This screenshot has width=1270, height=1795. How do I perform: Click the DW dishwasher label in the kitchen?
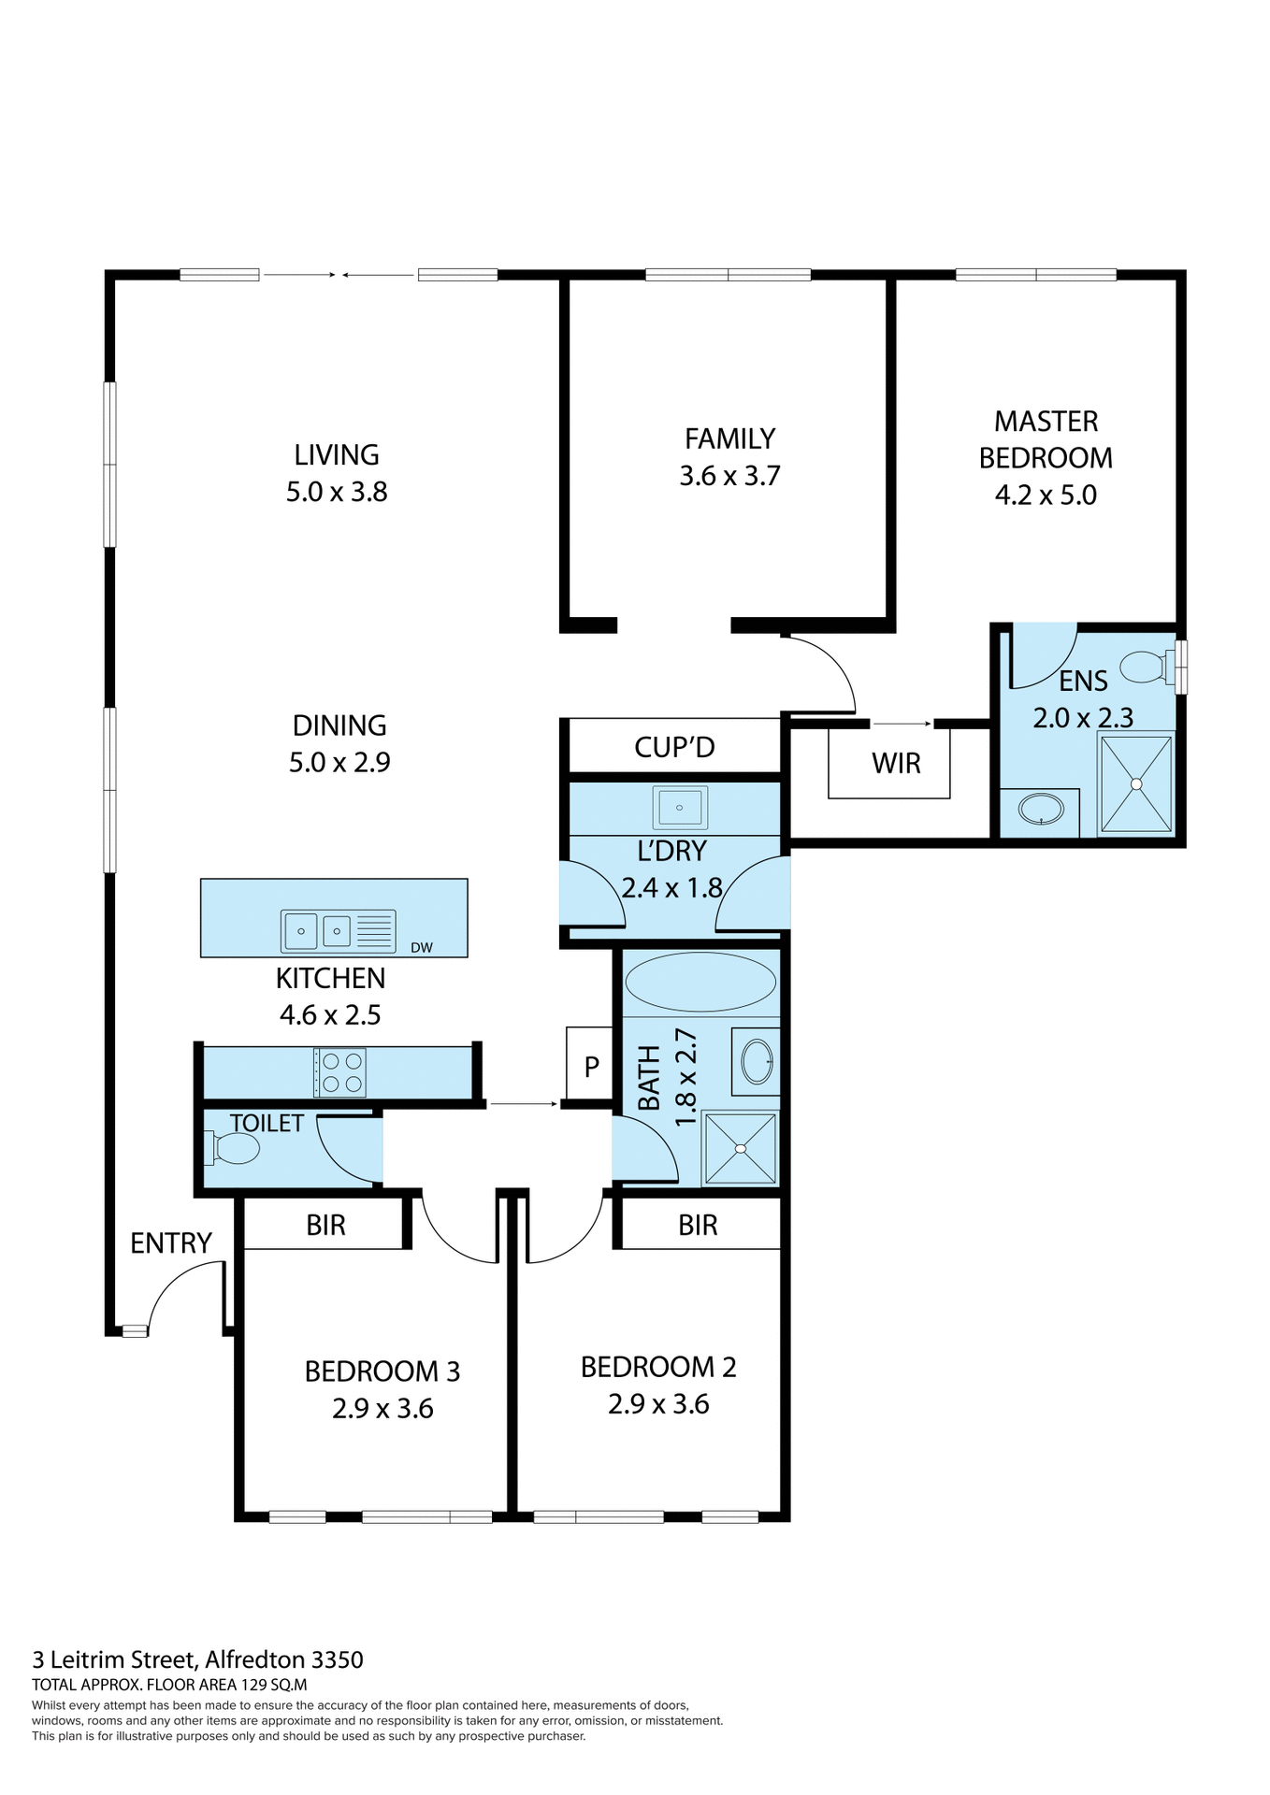421,947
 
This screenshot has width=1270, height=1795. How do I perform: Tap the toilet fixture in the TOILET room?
234,1148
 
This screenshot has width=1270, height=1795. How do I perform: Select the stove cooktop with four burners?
340,1072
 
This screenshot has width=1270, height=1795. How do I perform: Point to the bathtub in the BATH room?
700,982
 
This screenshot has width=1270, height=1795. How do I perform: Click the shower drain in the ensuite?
1136,784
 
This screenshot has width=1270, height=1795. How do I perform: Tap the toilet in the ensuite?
1147,667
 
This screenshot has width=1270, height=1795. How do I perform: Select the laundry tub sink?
680,807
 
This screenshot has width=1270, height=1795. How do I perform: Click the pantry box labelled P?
591,1066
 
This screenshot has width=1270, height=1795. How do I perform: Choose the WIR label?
896,764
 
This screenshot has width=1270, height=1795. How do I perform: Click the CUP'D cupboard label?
674,747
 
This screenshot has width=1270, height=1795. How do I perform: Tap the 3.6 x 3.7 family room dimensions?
729,476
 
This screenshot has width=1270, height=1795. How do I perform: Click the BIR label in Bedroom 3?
325,1225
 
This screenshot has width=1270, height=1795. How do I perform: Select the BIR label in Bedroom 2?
698,1225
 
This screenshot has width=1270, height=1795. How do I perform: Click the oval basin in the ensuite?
1040,809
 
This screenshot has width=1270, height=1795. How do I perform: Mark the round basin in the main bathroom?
757,1061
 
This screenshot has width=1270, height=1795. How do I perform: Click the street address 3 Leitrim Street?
197,1659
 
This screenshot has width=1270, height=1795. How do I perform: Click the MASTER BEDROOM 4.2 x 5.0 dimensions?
1046,495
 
